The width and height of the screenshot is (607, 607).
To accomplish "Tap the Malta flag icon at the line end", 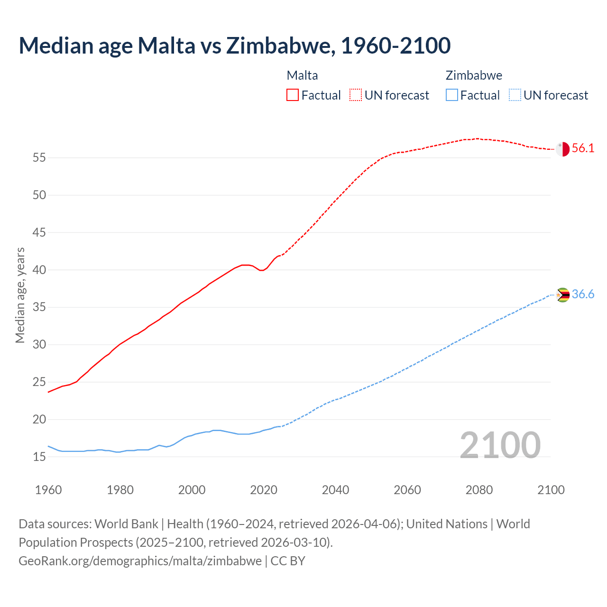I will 562,149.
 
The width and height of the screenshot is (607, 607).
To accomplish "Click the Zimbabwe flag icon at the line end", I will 562,295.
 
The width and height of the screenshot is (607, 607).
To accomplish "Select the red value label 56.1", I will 583,148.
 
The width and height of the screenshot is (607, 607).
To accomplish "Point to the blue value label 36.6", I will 583,294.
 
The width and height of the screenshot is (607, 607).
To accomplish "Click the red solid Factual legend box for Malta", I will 293,95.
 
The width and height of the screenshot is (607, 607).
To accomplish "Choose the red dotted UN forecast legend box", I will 356,95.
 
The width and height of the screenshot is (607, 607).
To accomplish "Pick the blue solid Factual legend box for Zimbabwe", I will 452,95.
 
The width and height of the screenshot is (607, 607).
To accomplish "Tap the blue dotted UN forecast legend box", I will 515,95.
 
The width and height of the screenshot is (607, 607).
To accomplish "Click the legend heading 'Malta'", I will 302,75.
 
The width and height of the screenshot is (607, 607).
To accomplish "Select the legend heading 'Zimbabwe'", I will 474,75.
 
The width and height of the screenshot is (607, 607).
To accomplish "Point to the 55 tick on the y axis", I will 39,157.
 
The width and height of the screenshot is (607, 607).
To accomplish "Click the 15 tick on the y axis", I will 39,457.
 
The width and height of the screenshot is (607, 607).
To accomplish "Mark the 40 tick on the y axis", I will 39,270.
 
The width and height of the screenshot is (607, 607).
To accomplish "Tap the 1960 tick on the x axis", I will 48,490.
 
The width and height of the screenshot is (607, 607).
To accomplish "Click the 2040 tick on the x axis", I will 335,490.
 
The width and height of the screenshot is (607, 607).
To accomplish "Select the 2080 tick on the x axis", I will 479,490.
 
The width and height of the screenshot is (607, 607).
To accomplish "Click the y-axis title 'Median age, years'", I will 20,295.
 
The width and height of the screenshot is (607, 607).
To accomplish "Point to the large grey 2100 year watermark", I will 500,445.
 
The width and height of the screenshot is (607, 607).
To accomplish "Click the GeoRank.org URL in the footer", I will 140,561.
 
